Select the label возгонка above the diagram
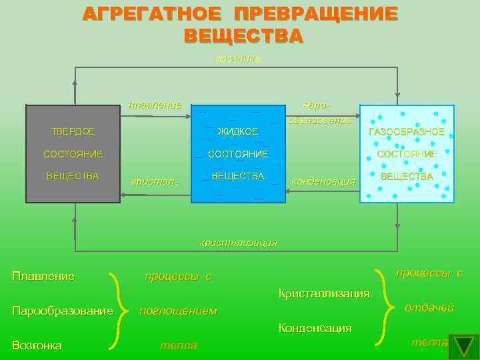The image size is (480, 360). (238, 59)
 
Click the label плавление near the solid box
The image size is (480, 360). (155, 105)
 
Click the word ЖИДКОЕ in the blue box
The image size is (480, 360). (238, 131)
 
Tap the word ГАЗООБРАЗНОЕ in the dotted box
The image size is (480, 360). (407, 131)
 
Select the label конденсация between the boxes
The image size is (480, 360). (324, 181)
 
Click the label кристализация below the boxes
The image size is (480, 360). (239, 243)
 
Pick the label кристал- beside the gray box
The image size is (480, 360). (155, 181)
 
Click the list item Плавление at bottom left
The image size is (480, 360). (43, 276)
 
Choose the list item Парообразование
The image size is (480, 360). (63, 311)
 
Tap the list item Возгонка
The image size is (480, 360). (37, 345)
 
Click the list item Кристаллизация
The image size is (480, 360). (324, 293)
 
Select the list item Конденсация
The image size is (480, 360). (315, 327)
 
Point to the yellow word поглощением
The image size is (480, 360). (177, 311)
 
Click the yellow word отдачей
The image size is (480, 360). (429, 307)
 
